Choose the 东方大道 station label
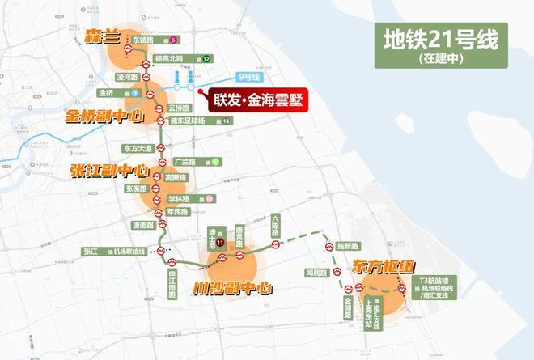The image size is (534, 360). click(x=137, y=148)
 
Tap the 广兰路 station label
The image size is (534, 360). click(x=186, y=161)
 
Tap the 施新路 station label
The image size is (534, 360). click(x=347, y=245)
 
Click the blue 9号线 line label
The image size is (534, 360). click(x=246, y=77)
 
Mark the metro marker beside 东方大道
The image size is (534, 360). click(x=160, y=149)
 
